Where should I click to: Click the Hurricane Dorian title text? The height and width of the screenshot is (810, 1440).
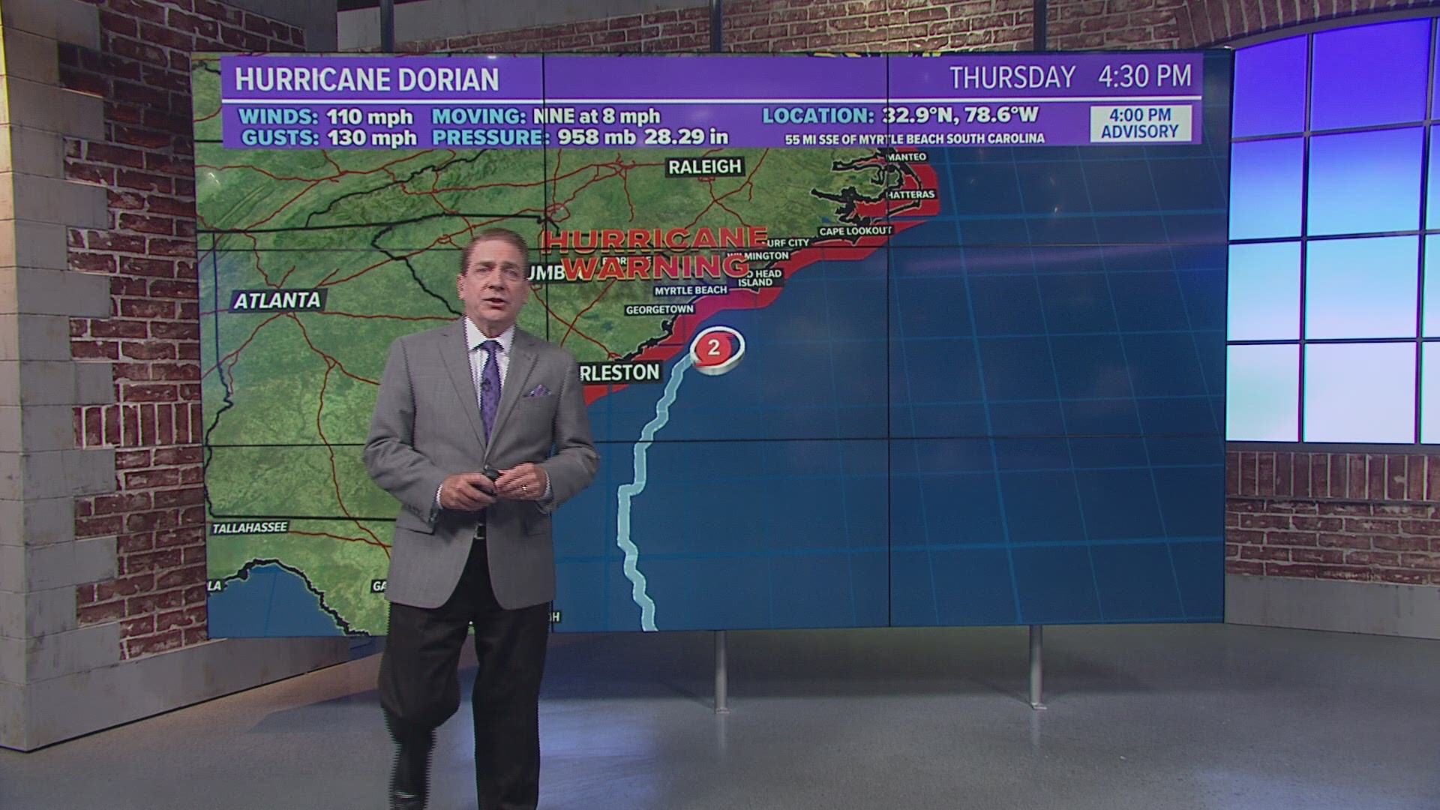point(367,79)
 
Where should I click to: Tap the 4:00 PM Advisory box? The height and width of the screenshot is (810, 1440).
point(1139,124)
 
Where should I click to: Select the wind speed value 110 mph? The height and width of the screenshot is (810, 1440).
point(369,117)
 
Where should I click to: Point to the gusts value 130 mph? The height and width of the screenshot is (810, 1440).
point(371,138)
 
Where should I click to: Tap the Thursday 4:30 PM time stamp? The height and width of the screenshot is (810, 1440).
point(1070,76)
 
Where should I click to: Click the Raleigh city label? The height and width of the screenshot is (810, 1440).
point(704,166)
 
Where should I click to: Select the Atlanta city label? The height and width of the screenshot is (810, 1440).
point(277,301)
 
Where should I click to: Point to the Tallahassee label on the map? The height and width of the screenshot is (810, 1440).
point(250,528)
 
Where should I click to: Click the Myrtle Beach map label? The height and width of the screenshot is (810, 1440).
point(690,290)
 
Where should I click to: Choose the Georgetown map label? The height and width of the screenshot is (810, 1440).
point(660,309)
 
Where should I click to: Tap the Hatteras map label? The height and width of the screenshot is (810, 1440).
point(910,195)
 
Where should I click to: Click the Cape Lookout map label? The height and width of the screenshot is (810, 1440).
point(855,232)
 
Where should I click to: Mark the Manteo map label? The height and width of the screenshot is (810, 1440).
point(907,157)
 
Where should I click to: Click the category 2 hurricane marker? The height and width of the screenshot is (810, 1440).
point(714,347)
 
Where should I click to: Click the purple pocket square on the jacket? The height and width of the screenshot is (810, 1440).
point(538,391)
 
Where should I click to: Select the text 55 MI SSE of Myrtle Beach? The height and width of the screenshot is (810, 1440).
point(914,139)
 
